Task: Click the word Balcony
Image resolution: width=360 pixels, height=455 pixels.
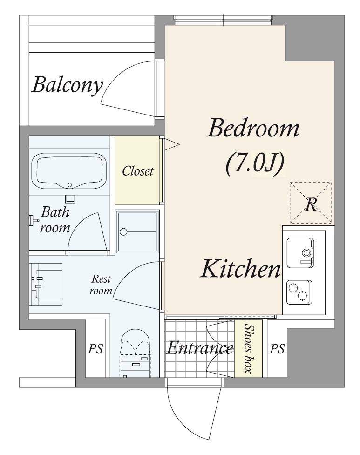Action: (68, 86)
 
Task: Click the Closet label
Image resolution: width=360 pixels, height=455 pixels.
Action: (137, 171)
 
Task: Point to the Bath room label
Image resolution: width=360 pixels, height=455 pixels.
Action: (55, 220)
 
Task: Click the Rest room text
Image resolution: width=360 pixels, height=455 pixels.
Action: (101, 285)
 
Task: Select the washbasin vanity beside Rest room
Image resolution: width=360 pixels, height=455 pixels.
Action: (47, 284)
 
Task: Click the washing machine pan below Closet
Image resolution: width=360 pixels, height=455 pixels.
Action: (137, 231)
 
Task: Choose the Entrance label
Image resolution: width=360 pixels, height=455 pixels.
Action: (199, 348)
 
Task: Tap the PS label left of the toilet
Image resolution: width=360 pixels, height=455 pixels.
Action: (95, 349)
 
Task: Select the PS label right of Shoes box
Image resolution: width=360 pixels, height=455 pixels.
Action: (277, 349)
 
